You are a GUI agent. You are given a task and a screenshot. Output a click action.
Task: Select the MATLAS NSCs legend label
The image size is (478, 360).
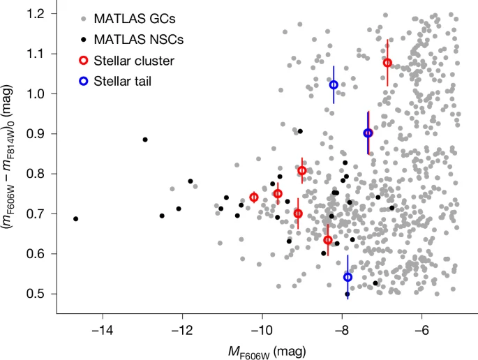137,38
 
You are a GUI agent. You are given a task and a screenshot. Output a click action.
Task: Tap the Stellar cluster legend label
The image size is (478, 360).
135,60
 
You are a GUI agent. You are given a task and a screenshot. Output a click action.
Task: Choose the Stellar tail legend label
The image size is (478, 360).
125,81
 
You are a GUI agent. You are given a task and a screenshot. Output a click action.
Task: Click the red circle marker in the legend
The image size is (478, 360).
83,60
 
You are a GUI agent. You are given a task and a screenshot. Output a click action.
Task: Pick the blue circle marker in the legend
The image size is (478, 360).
83,81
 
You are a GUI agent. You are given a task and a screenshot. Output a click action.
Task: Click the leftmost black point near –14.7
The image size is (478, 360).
75,219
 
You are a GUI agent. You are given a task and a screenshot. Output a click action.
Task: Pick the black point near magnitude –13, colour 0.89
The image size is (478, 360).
145,140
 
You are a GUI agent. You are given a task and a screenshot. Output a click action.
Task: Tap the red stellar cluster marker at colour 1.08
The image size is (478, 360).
387,63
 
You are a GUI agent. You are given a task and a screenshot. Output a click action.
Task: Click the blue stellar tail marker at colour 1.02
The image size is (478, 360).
334,84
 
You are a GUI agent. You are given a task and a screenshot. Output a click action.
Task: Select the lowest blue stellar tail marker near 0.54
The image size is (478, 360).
348,277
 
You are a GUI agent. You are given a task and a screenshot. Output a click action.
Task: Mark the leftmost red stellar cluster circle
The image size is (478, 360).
254,197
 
